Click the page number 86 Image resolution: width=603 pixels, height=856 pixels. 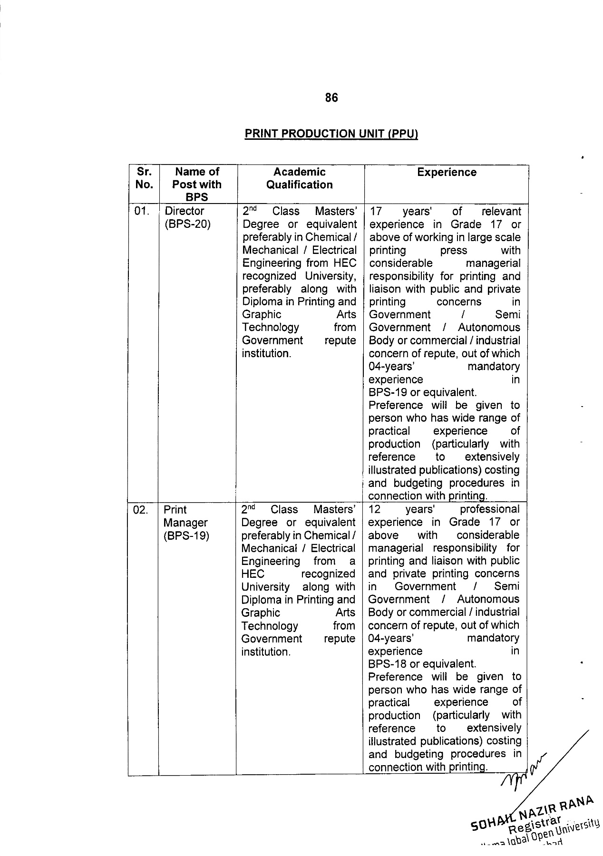[x=331, y=97]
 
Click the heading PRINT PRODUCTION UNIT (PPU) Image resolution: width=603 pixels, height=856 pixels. [x=331, y=134]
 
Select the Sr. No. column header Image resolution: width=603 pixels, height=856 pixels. [x=144, y=178]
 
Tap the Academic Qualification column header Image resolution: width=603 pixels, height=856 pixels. [x=300, y=178]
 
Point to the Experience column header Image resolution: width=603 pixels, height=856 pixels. [x=447, y=172]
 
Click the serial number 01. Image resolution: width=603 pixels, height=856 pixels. [x=142, y=211]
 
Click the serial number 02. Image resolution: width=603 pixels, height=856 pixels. [x=141, y=510]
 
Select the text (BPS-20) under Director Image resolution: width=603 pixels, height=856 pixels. [x=187, y=224]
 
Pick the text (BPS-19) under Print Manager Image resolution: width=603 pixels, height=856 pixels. [x=186, y=535]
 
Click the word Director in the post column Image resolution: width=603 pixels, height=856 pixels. [x=185, y=211]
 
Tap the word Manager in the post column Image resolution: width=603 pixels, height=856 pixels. [x=186, y=523]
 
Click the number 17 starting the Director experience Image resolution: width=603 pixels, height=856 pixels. [x=376, y=212]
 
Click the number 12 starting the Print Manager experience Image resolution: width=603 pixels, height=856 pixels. [x=375, y=510]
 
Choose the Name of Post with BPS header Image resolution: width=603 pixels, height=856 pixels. [x=197, y=184]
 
